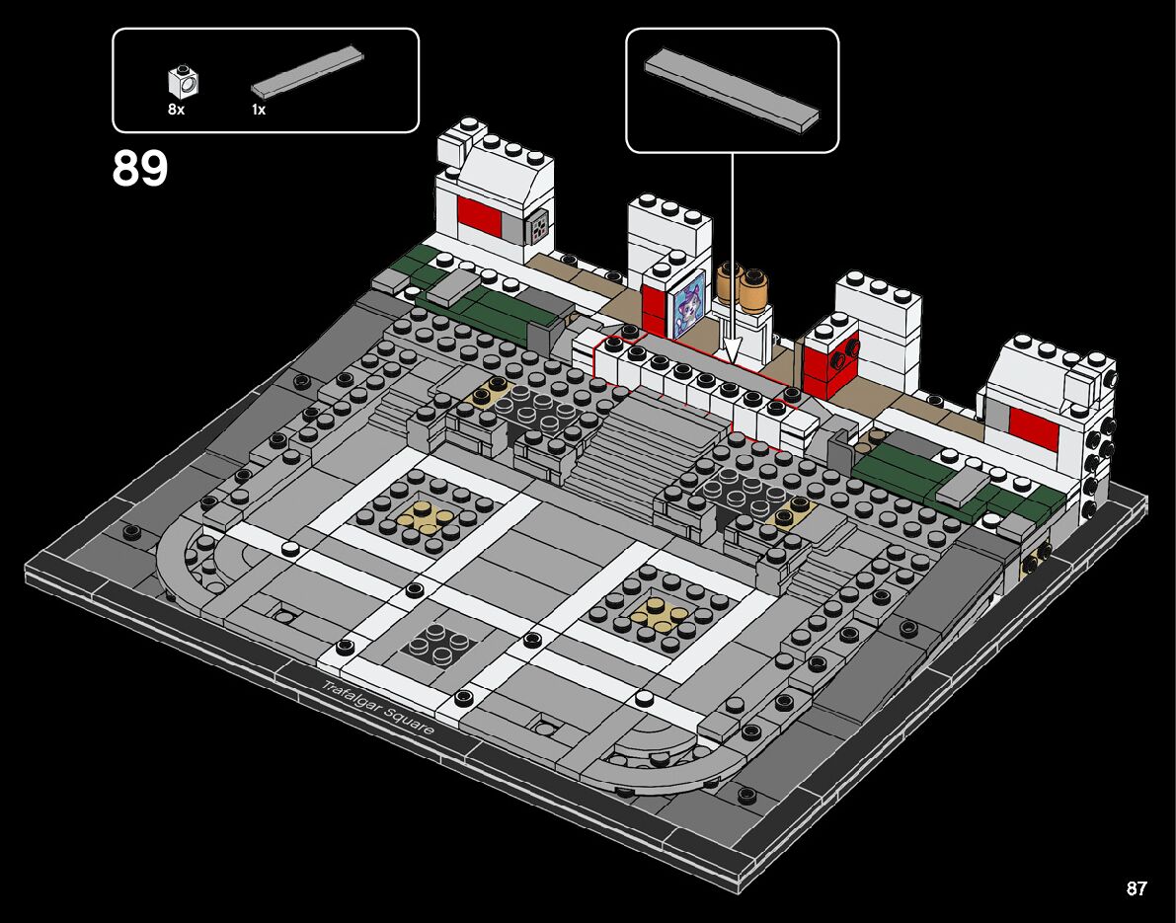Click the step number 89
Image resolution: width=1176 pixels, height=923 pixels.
pos(140,169)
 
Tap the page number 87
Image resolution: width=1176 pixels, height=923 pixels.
pos(1137,888)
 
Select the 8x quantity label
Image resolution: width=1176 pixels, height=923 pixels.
pos(176,110)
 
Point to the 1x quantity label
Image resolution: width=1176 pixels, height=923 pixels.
pos(259,110)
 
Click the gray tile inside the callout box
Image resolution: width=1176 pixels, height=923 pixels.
pos(732,91)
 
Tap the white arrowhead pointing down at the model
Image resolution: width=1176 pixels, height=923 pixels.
pos(732,350)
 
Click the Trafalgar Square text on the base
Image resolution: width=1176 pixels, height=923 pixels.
pos(377,707)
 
